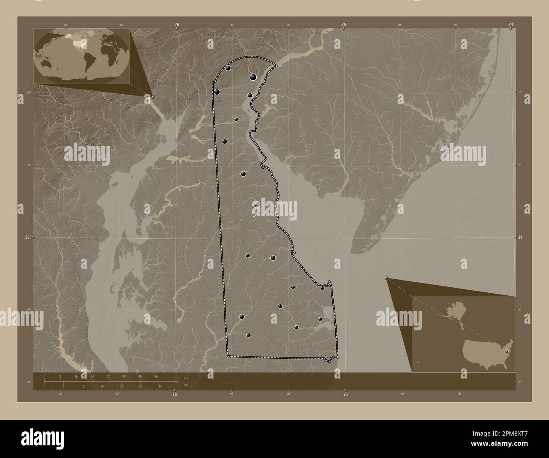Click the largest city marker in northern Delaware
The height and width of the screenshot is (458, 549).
253,77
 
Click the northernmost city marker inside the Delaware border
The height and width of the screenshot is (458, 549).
228,68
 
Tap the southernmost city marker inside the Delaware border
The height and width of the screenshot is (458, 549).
249,335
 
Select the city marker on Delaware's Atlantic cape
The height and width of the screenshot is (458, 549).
322,288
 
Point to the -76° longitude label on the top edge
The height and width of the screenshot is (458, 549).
176,25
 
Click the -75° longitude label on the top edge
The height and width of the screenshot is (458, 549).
344,25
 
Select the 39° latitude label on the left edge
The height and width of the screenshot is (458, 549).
27,237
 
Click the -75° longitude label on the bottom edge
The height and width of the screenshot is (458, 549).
345,394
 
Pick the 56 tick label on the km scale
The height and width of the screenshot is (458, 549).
156,376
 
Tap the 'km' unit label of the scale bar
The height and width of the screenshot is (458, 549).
186,378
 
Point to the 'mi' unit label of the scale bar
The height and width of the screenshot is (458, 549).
186,385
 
